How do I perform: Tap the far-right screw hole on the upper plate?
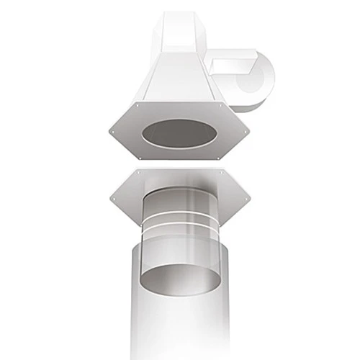click(244, 131)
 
